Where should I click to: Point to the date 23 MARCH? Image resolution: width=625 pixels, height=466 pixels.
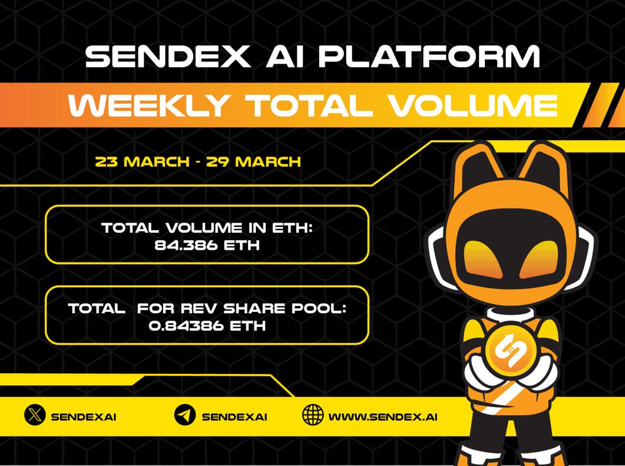(x=142, y=161)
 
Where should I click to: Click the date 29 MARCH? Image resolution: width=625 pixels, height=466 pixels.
(x=253, y=161)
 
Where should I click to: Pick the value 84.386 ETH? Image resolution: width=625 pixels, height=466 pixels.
(x=207, y=244)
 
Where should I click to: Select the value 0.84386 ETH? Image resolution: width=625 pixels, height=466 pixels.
(x=207, y=326)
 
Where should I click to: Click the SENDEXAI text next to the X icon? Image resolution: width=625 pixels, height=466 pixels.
(x=84, y=417)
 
